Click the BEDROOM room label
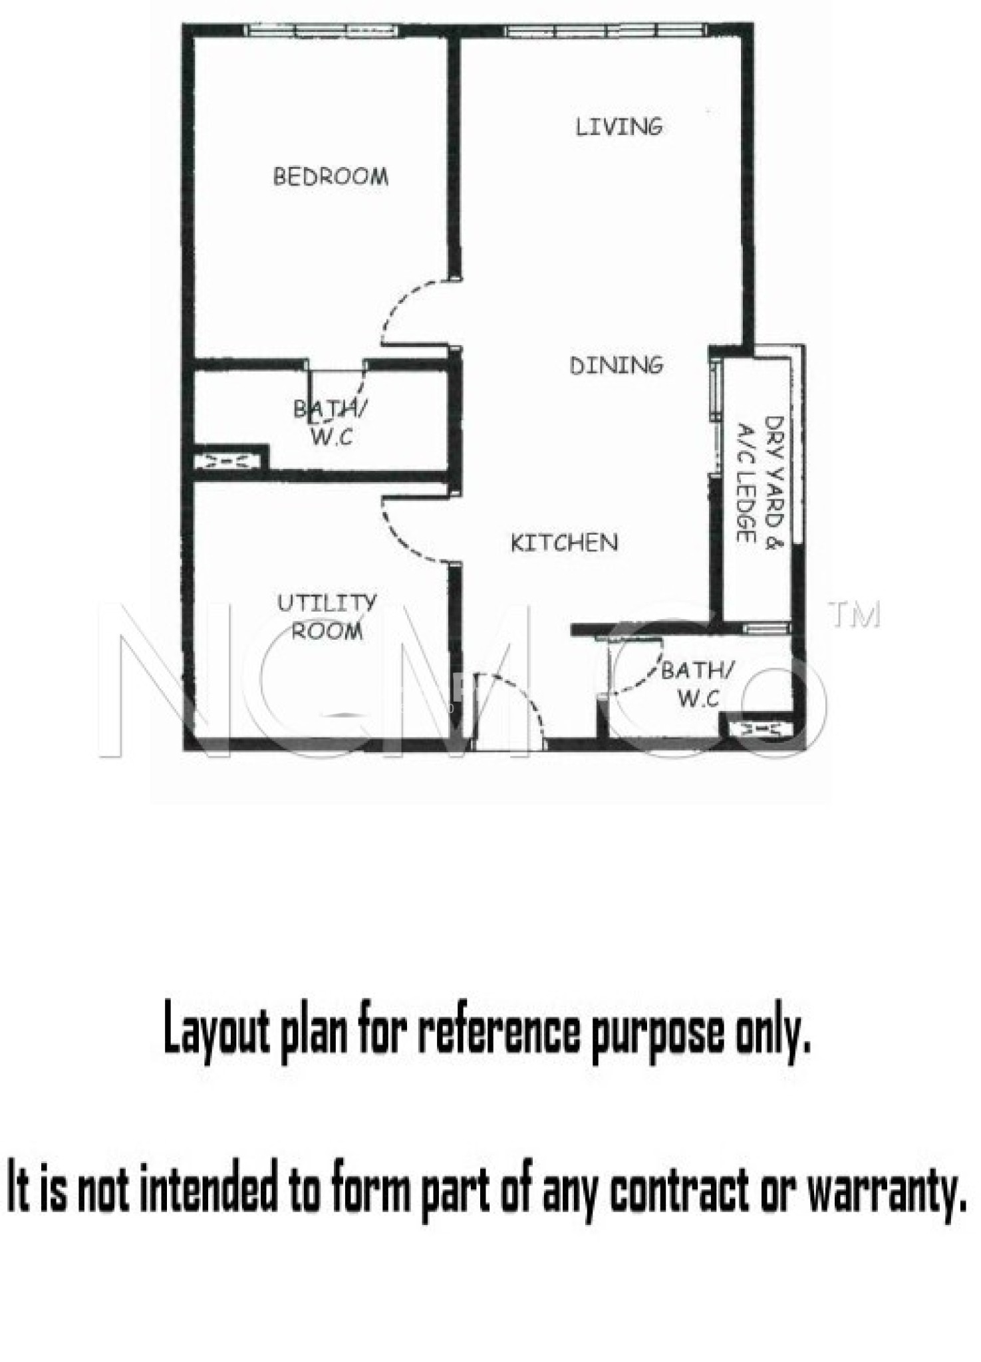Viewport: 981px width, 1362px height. [331, 176]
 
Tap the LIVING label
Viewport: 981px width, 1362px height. [619, 126]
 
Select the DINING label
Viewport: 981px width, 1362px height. [617, 365]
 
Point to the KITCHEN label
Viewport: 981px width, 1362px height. [564, 543]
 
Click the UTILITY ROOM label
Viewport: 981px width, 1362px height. [327, 616]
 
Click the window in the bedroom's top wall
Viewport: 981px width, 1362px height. [322, 30]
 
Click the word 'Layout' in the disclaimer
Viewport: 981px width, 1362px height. [217, 1031]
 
